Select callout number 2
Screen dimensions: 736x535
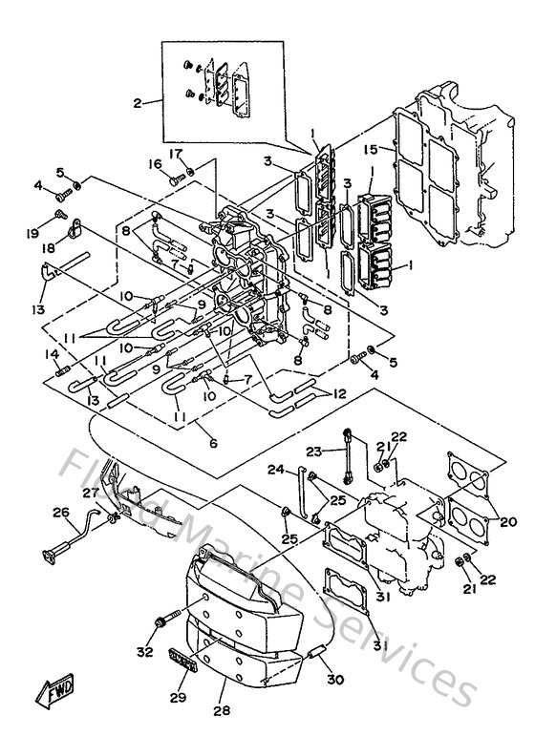tap(137, 102)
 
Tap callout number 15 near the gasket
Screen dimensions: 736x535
tap(371, 148)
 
